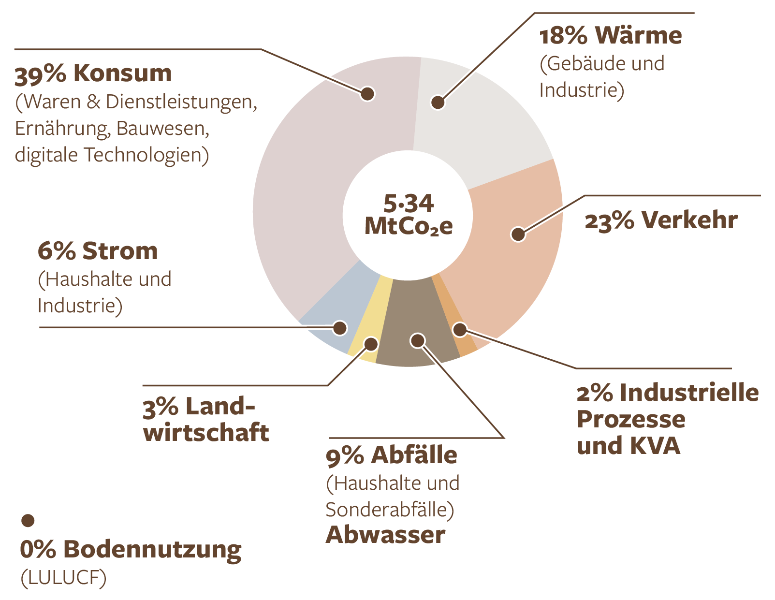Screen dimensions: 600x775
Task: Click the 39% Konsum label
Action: coord(93,74)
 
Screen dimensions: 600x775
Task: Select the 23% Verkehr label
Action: coord(661,221)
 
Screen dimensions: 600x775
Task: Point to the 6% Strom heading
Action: coord(98,251)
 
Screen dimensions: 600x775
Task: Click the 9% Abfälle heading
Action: coord(391,456)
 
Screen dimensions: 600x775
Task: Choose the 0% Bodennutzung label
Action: coord(131,550)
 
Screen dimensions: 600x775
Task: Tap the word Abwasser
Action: coord(385,535)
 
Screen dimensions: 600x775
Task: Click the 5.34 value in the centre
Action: coord(409,204)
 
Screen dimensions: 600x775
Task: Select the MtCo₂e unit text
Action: coord(409,226)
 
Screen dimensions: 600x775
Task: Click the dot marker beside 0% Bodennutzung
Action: coord(28,521)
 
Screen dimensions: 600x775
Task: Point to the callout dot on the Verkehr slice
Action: coord(518,234)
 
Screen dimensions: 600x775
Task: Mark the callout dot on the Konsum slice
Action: coord(367,93)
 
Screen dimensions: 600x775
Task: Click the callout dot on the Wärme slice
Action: coord(438,102)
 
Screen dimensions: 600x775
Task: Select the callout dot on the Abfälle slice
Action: coord(418,340)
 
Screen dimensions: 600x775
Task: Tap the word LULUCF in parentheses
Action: coord(63,578)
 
